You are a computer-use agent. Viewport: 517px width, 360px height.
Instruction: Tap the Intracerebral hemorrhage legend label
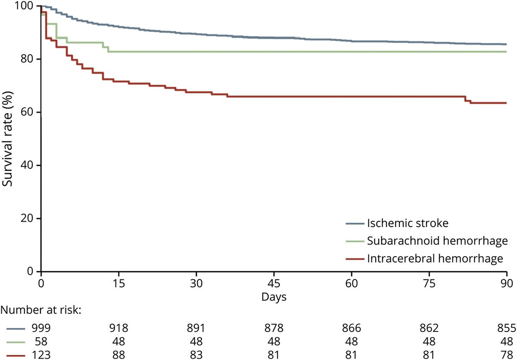[435, 259]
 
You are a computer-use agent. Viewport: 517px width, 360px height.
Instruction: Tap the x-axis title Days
[273, 297]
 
